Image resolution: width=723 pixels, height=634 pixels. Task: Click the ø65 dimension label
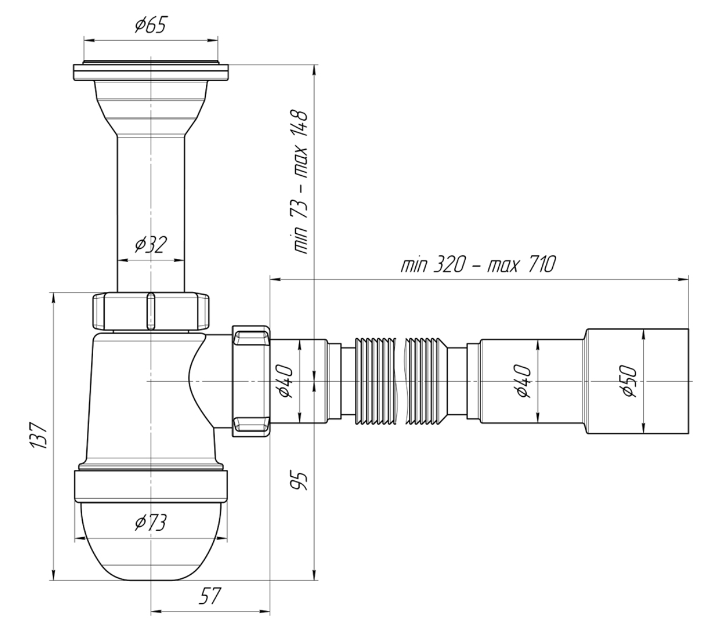pos(152,26)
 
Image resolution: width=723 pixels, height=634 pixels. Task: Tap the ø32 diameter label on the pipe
pos(151,245)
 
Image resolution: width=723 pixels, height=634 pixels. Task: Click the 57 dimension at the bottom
pos(210,597)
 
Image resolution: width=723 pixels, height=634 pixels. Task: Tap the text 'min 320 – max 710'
pos(478,265)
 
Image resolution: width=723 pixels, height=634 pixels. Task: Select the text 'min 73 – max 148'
pos(300,182)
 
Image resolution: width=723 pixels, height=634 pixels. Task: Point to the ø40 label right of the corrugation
pos(523,382)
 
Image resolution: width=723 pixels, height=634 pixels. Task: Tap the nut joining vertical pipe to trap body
pos(151,312)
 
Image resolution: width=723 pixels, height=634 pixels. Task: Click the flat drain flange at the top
pos(151,71)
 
